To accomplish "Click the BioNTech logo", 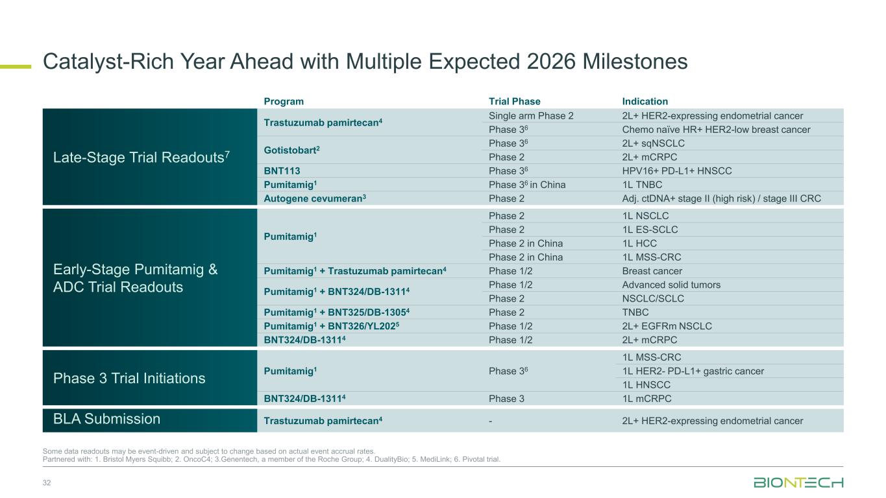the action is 798,482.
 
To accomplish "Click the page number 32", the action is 47,482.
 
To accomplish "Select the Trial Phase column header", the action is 514,101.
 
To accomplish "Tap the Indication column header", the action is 645,101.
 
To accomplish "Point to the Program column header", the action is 284,102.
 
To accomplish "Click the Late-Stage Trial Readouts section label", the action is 142,157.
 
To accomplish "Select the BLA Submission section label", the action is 106,418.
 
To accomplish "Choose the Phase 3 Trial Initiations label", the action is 129,378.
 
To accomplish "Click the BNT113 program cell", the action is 282,171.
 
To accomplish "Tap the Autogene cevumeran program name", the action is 314,198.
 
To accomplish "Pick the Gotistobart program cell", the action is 291,150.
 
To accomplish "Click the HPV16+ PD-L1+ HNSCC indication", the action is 677,171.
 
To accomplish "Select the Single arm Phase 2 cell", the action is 531,116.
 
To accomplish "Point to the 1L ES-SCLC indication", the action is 650,230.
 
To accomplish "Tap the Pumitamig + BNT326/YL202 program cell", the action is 331,326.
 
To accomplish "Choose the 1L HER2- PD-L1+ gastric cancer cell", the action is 693,371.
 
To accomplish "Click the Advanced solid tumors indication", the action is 671,285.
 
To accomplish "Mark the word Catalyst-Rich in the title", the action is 108,62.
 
